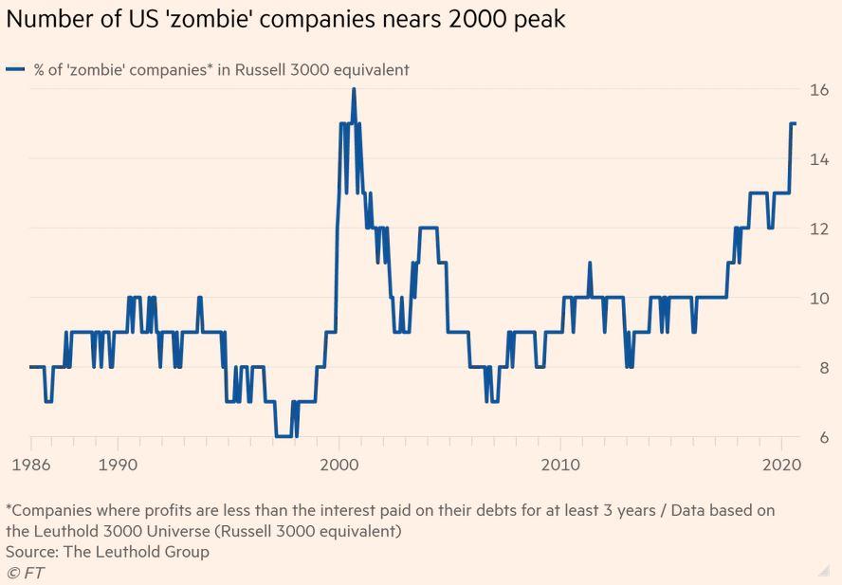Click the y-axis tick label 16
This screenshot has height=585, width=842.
818,90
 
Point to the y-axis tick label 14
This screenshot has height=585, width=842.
818,159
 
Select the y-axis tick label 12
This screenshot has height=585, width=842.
818,229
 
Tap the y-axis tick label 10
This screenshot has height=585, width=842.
818,299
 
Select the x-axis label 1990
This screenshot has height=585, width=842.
118,466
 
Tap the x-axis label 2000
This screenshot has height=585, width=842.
339,466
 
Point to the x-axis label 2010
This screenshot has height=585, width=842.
559,466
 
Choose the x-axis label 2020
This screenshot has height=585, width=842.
779,466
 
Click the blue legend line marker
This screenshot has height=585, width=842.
15,69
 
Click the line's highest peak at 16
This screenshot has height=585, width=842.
354,90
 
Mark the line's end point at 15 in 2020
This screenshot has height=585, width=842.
795,124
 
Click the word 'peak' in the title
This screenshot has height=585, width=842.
535,19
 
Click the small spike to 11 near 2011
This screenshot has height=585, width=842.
590,264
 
